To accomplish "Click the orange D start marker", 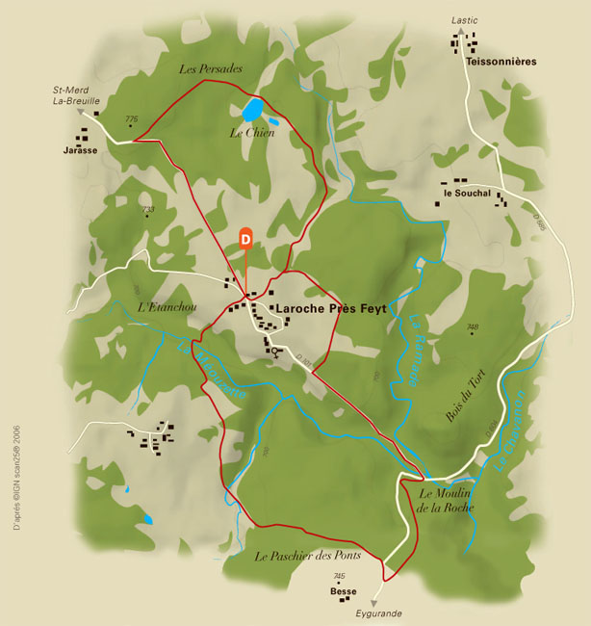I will [245, 237].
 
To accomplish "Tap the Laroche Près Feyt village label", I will [331, 309].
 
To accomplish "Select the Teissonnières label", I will [501, 61].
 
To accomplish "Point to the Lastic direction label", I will [464, 20].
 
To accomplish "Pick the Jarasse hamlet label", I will [81, 150].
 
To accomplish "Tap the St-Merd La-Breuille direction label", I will [76, 94].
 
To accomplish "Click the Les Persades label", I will [211, 69].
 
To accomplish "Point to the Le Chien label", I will [252, 133].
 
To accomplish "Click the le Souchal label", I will [467, 194].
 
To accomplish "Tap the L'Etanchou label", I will [167, 307].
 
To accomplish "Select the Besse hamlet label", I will [343, 591].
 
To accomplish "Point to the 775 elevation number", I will [132, 118].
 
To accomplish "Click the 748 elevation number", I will [473, 327].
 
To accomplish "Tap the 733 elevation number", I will [148, 209].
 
